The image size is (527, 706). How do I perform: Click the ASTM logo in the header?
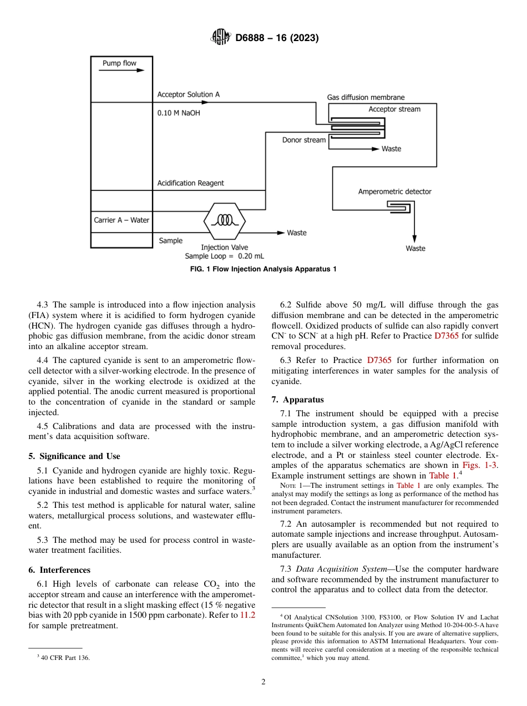coord(221,38)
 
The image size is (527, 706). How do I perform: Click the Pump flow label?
coord(119,63)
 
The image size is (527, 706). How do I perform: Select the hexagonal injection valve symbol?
coord(225,220)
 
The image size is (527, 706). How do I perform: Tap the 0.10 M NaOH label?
coord(179,113)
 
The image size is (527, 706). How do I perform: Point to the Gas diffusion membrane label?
coord(366,97)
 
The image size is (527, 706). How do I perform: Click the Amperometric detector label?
coord(394,191)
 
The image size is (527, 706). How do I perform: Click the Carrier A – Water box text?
coord(121,220)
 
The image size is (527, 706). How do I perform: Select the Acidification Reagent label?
coord(190,183)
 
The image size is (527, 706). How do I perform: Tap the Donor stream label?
coord(304,140)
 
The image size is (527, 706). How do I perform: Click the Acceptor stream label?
coord(394,109)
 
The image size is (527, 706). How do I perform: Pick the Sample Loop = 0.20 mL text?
coord(224,256)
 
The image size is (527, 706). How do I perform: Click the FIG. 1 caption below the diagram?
coord(263,269)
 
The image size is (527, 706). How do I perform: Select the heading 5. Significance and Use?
coord(74,456)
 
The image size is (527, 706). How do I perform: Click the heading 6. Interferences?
coord(59,570)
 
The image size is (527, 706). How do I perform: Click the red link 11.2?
coord(247,615)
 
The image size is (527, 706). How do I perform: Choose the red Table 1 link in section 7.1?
coord(443,476)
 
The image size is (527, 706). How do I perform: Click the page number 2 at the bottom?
coord(263,682)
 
